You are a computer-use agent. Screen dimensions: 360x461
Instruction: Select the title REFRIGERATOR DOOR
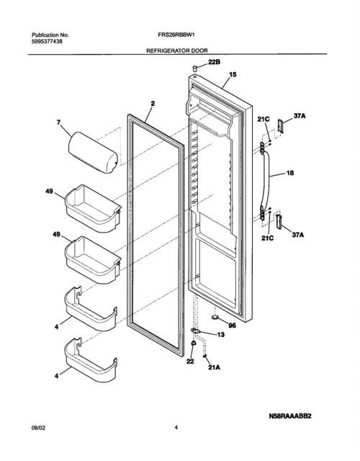pyautogui.click(x=177, y=50)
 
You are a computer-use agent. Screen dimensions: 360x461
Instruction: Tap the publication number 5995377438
pyautogui.click(x=47, y=42)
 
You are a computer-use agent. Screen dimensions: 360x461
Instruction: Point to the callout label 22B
pyautogui.click(x=215, y=62)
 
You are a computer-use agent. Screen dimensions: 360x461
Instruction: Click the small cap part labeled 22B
pyautogui.click(x=194, y=68)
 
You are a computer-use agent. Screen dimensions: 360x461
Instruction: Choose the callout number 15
pyautogui.click(x=233, y=74)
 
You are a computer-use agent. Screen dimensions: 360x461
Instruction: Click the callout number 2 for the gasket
pyautogui.click(x=153, y=104)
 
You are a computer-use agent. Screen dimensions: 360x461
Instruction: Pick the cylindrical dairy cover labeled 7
pyautogui.click(x=93, y=152)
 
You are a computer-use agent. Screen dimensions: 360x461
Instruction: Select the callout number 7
pyautogui.click(x=59, y=122)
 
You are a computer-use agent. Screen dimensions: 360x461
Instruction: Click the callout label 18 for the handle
pyautogui.click(x=289, y=173)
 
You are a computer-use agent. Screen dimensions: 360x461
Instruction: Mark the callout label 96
pyautogui.click(x=232, y=326)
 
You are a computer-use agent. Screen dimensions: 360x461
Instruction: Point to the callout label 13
pyautogui.click(x=220, y=334)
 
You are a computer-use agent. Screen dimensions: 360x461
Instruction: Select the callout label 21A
pyautogui.click(x=214, y=367)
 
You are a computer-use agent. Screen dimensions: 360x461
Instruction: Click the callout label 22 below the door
pyautogui.click(x=190, y=362)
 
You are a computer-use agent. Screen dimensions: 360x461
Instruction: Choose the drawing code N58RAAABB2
pyautogui.click(x=289, y=416)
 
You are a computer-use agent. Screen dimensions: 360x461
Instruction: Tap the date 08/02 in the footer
pyautogui.click(x=38, y=428)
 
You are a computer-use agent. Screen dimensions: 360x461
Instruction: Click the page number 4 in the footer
pyautogui.click(x=176, y=428)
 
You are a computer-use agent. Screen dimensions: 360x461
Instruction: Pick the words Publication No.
pyautogui.click(x=50, y=35)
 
